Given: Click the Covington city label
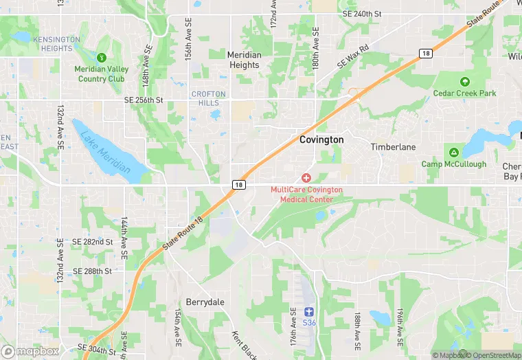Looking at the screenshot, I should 321,139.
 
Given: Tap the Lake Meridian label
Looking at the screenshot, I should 105,150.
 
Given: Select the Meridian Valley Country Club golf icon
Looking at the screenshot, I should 102,58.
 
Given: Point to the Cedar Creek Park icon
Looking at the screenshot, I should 464,81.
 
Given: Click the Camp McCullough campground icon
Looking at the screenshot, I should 453,153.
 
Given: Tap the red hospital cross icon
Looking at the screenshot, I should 306,178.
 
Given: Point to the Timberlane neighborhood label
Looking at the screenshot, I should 393,147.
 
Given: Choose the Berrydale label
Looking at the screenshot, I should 205,302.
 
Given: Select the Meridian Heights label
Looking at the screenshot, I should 244,60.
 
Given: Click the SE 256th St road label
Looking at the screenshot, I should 144,100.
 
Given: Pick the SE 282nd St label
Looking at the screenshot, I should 92,242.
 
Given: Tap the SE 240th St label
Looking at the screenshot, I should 362,13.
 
